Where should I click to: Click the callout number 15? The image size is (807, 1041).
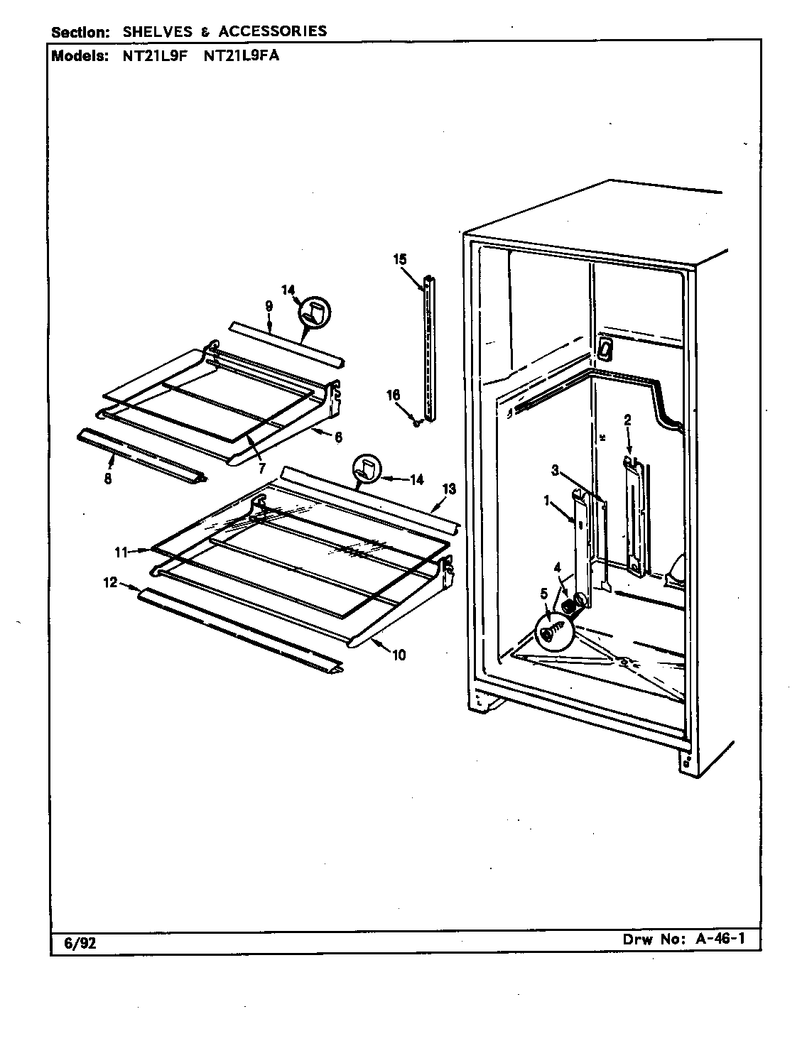tap(400, 259)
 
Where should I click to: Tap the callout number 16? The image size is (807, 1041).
tap(393, 396)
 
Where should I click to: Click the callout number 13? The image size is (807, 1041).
tap(448, 489)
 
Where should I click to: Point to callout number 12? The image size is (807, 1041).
tap(109, 583)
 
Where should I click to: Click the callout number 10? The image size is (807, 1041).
tap(399, 655)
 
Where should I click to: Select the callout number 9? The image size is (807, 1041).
tap(269, 306)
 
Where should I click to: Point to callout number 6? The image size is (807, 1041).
tap(337, 437)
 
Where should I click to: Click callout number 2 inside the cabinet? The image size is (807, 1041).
tap(627, 420)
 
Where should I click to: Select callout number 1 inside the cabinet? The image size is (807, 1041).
tap(548, 501)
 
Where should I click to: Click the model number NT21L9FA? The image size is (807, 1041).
tap(241, 56)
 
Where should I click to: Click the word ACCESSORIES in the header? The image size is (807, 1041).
tap(273, 31)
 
